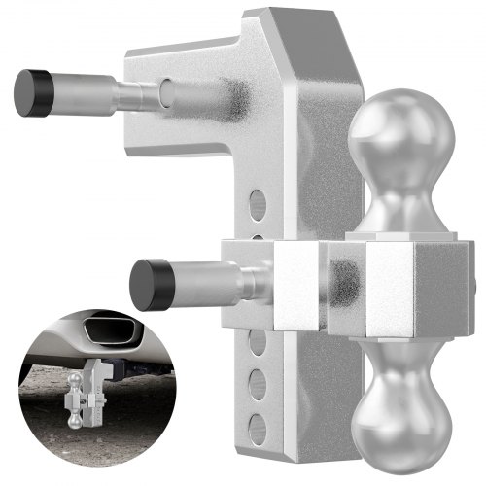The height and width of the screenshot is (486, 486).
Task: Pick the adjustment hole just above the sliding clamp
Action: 257,205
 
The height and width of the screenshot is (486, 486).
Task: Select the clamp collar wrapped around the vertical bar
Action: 292,282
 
